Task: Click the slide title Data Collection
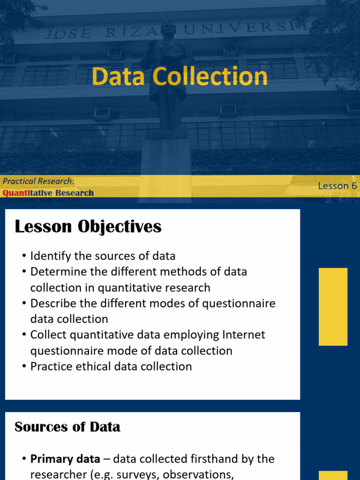coord(180,76)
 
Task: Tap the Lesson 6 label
coord(337,186)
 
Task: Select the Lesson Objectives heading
coord(88,227)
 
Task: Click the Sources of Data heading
coord(67,427)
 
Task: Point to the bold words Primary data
coord(65,459)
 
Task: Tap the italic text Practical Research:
coord(38,181)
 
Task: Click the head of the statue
coord(168,30)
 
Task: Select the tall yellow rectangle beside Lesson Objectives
coord(333,307)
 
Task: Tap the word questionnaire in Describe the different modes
coord(239,303)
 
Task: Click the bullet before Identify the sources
coord(24,256)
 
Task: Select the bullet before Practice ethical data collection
coord(24,367)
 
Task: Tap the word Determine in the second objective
coord(57,272)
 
